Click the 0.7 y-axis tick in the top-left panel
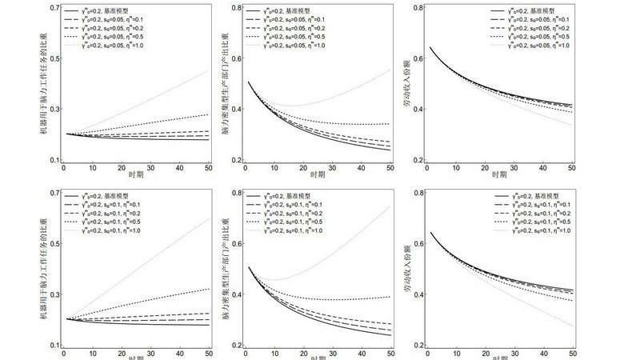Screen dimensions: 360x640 click(54, 8)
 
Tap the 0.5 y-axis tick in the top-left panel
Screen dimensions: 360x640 click(54, 58)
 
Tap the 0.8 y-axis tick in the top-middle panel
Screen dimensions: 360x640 click(237, 8)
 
